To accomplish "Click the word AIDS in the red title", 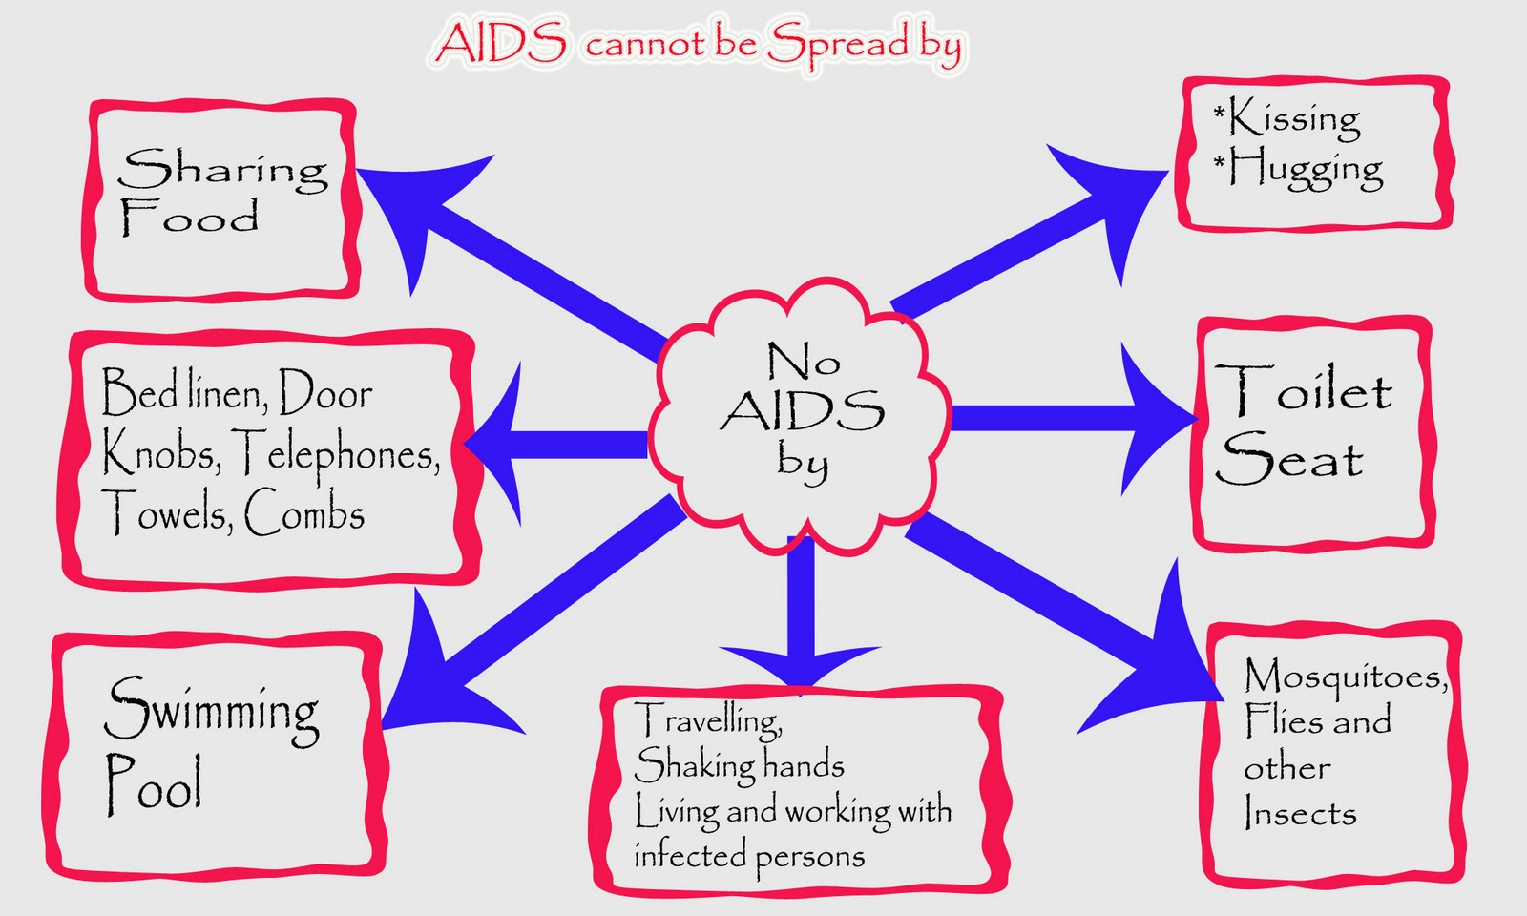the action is click(500, 42).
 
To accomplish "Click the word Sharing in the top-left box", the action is click(222, 169).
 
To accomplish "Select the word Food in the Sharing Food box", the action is click(190, 218).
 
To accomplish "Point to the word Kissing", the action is click(1286, 118).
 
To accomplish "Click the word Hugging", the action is click(1298, 169).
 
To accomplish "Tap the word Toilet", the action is click(1303, 387).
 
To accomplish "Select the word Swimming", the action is click(211, 711).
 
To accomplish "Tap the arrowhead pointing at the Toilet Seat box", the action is click(1156, 419).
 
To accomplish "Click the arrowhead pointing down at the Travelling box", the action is click(800, 664).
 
